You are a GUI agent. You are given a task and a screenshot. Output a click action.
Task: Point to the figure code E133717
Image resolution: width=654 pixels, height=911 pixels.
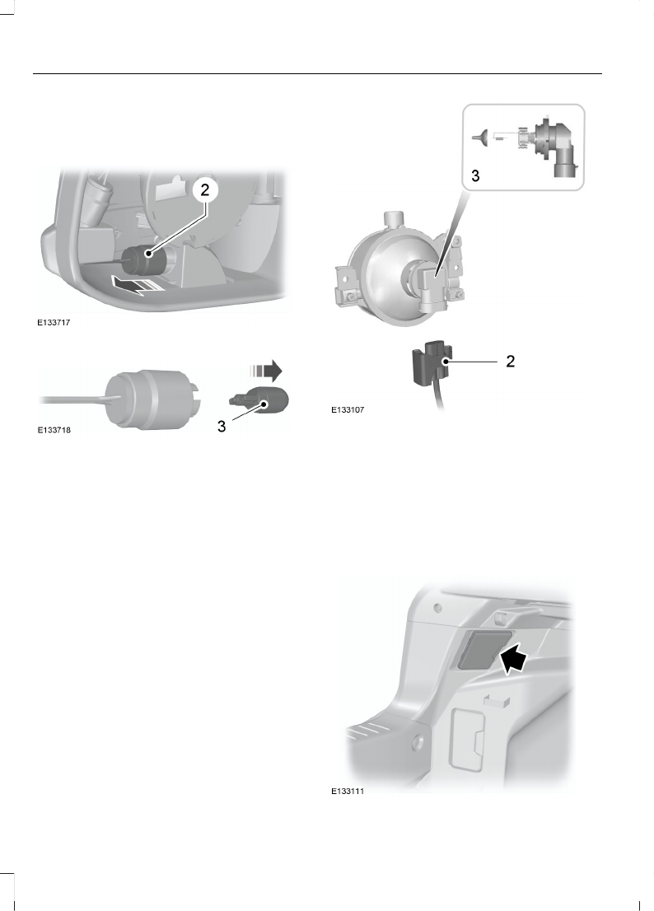tap(54, 325)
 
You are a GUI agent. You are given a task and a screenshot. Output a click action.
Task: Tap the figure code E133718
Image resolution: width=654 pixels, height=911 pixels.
tap(54, 430)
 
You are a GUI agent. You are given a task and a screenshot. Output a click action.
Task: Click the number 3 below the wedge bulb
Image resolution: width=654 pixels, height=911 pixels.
tap(222, 427)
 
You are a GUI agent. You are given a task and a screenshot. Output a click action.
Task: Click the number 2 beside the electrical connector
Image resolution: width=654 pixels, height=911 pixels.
tap(510, 362)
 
